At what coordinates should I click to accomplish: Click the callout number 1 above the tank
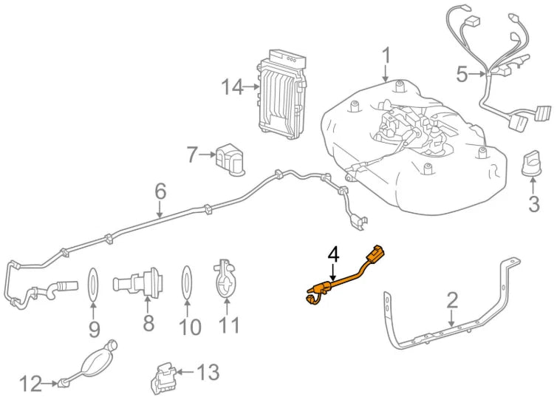click(x=386, y=56)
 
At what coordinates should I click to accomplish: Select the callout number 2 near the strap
click(x=452, y=300)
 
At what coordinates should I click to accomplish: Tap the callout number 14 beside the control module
click(x=232, y=87)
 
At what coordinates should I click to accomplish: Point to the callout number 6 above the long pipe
click(x=160, y=192)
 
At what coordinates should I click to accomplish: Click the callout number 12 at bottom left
click(x=31, y=383)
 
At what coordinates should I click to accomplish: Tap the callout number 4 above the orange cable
click(x=333, y=254)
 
